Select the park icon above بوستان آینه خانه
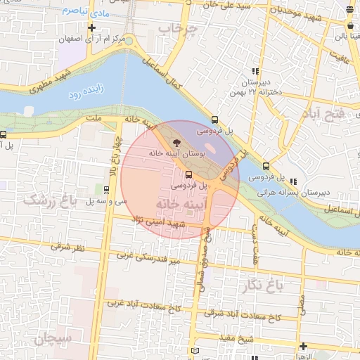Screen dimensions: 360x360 176,141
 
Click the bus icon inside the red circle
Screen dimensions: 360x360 188,174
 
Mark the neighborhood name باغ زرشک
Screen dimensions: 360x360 49,201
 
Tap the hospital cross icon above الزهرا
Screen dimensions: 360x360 303,346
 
